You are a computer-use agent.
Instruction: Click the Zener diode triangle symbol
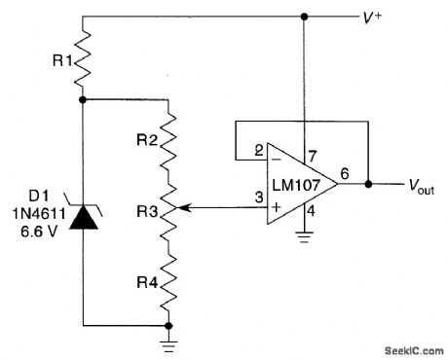coord(83,217)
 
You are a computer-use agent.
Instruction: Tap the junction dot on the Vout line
coord(368,183)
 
